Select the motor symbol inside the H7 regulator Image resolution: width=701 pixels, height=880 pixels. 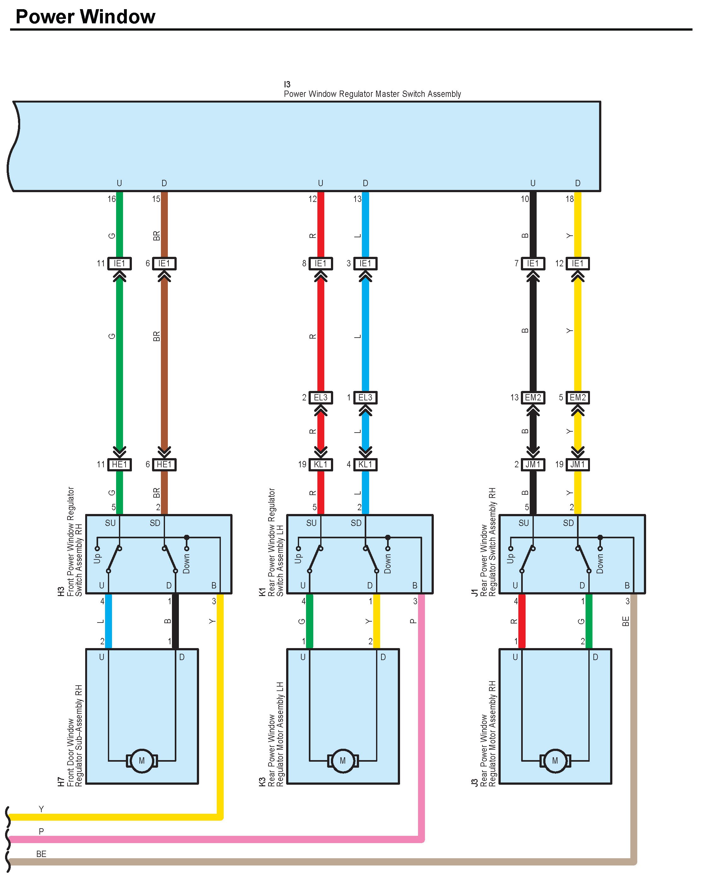[142, 760]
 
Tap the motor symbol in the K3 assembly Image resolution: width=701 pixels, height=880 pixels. [343, 760]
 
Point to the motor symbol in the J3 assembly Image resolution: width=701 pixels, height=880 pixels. [555, 760]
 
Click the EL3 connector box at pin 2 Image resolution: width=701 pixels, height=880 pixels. [321, 397]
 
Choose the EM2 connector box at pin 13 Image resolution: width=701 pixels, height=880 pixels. [533, 397]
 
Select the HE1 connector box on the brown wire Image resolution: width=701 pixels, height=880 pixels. [164, 464]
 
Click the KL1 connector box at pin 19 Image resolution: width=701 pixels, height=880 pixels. [321, 464]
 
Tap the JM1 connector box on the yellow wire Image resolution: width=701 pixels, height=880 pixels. [578, 464]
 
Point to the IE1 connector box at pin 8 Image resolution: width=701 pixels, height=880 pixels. [321, 263]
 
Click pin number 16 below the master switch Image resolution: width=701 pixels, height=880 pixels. [111, 199]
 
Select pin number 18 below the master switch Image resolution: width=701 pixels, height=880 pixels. [570, 199]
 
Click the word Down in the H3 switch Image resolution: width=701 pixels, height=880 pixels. [186, 563]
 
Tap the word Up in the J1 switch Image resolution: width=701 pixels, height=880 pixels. [510, 558]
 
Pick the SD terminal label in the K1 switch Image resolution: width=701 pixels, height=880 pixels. [356, 523]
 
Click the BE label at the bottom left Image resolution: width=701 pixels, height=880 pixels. [41, 854]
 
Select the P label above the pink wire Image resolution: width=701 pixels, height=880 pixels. [41, 831]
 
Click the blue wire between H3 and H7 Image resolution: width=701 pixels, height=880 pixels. [109, 621]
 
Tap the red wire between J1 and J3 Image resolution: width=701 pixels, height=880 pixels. [521, 621]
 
